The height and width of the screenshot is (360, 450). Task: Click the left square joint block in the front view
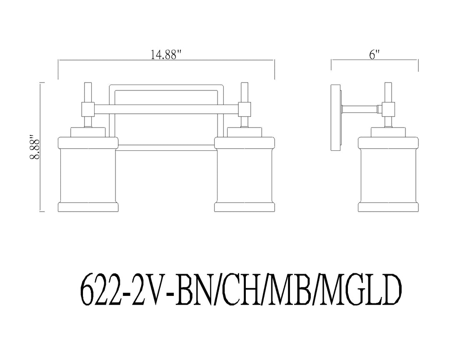pos(88,109)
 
